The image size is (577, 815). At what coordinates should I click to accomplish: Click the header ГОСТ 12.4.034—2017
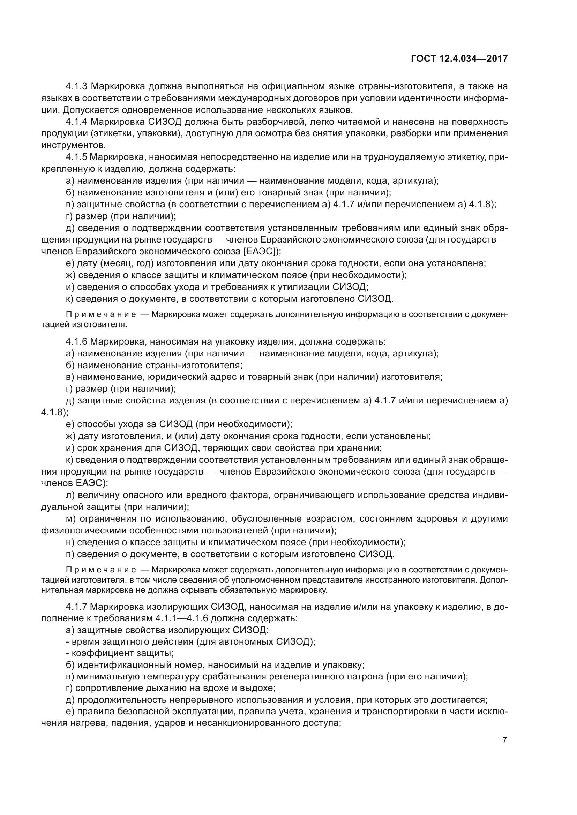pos(459,59)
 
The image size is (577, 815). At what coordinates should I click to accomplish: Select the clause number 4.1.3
pos(77,86)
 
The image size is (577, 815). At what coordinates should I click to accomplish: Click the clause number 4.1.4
pos(77,122)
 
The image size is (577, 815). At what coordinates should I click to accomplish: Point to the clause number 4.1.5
pos(76,157)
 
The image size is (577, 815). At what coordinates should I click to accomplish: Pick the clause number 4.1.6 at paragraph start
pos(76,342)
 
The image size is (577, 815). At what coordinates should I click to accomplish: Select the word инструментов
pos(73,145)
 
